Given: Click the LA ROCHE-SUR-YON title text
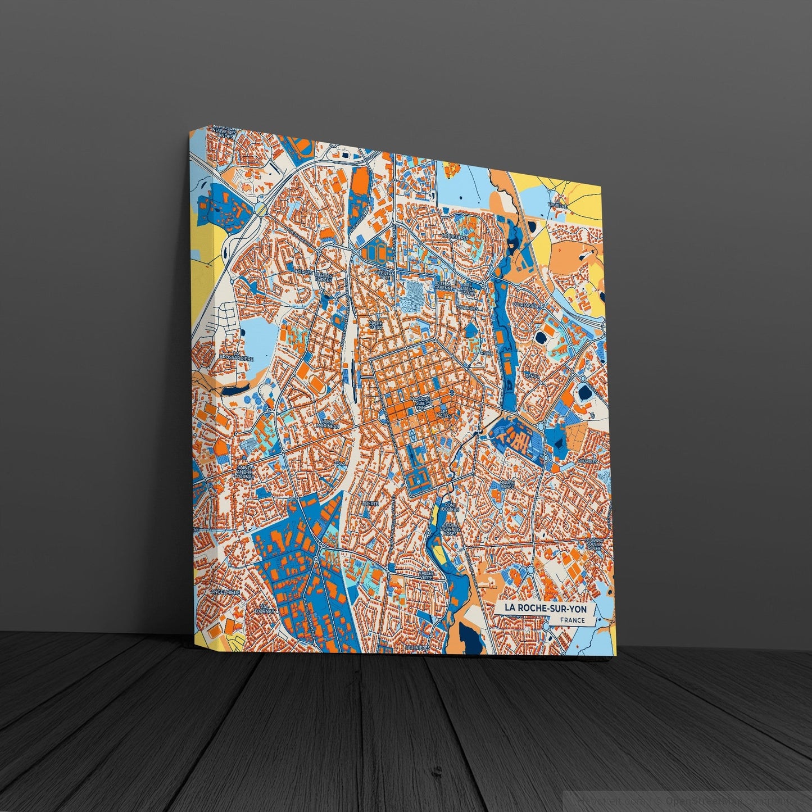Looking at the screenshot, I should click(541, 607).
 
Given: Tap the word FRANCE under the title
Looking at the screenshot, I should click(572, 620).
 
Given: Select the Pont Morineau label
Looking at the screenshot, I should click(328, 422).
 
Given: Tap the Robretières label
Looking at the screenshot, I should click(456, 237).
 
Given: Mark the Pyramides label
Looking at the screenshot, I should click(467, 309).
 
